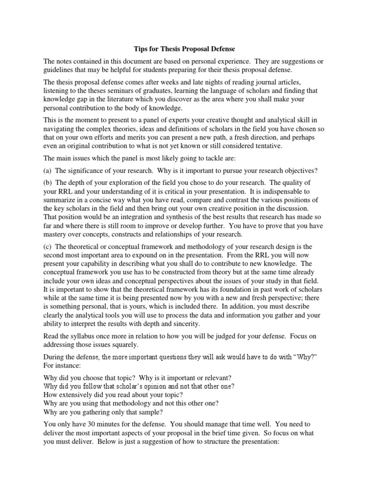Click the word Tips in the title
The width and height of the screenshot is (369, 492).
[x=140, y=49]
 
